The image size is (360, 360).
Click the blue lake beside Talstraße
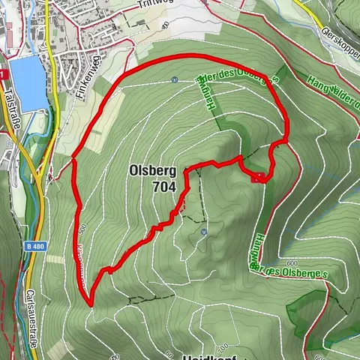(x=25, y=82)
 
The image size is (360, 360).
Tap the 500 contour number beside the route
(x=82, y=226)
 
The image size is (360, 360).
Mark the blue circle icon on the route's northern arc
(x=174, y=79)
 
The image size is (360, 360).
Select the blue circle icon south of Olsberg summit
(x=203, y=232)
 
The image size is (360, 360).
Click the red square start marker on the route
(x=259, y=178)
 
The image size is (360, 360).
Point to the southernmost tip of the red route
(x=90, y=304)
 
